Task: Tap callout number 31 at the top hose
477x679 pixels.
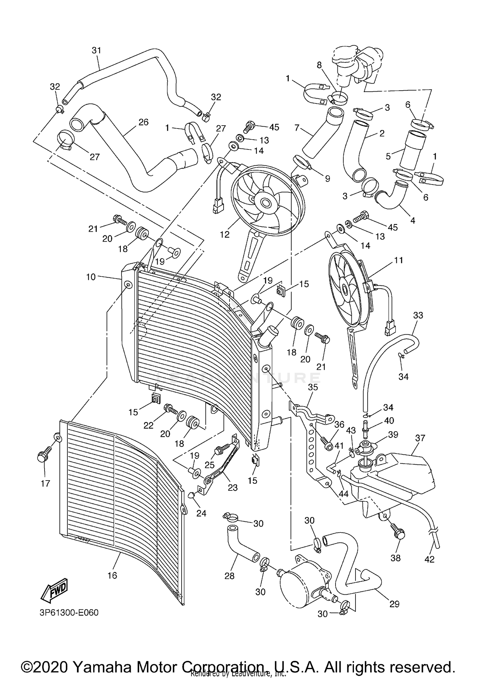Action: (x=96, y=50)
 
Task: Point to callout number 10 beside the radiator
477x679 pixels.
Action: (x=91, y=277)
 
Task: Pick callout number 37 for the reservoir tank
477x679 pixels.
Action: (x=420, y=438)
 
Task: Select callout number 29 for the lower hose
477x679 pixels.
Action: (x=394, y=604)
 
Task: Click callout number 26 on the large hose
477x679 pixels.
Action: (x=143, y=122)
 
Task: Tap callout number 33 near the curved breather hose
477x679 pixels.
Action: (x=418, y=315)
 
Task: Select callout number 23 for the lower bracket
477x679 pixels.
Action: (x=232, y=487)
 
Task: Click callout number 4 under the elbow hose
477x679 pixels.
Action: (x=413, y=220)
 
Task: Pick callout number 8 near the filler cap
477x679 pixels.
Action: (x=319, y=65)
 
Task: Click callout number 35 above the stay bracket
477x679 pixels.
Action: (x=313, y=387)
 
